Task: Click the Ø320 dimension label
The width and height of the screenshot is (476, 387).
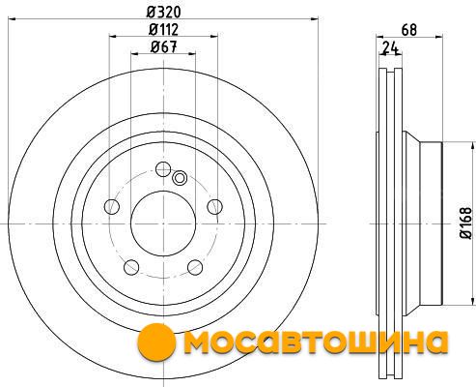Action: click(x=164, y=13)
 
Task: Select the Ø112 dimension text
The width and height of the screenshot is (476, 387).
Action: click(x=163, y=30)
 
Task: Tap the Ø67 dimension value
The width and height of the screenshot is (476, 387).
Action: click(x=164, y=47)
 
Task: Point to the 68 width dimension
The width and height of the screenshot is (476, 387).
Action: click(x=409, y=30)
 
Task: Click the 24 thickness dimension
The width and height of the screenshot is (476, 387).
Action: click(x=391, y=48)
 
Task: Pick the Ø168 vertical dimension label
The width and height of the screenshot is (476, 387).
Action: click(x=465, y=223)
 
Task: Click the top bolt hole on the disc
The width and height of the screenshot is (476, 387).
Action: click(x=163, y=169)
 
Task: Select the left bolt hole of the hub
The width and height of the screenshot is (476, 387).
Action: click(x=112, y=206)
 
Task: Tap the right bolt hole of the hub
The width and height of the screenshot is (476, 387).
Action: click(x=214, y=206)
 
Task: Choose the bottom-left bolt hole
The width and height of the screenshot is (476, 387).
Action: click(x=131, y=267)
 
